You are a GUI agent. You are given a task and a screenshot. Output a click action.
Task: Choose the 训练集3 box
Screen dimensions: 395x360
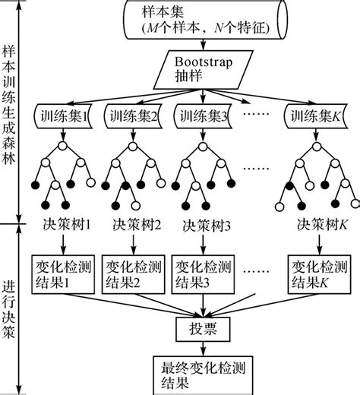(201, 117)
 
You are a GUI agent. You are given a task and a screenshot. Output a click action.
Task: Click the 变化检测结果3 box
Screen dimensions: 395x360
(201, 274)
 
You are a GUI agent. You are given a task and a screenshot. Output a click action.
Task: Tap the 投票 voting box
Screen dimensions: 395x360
(201, 329)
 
